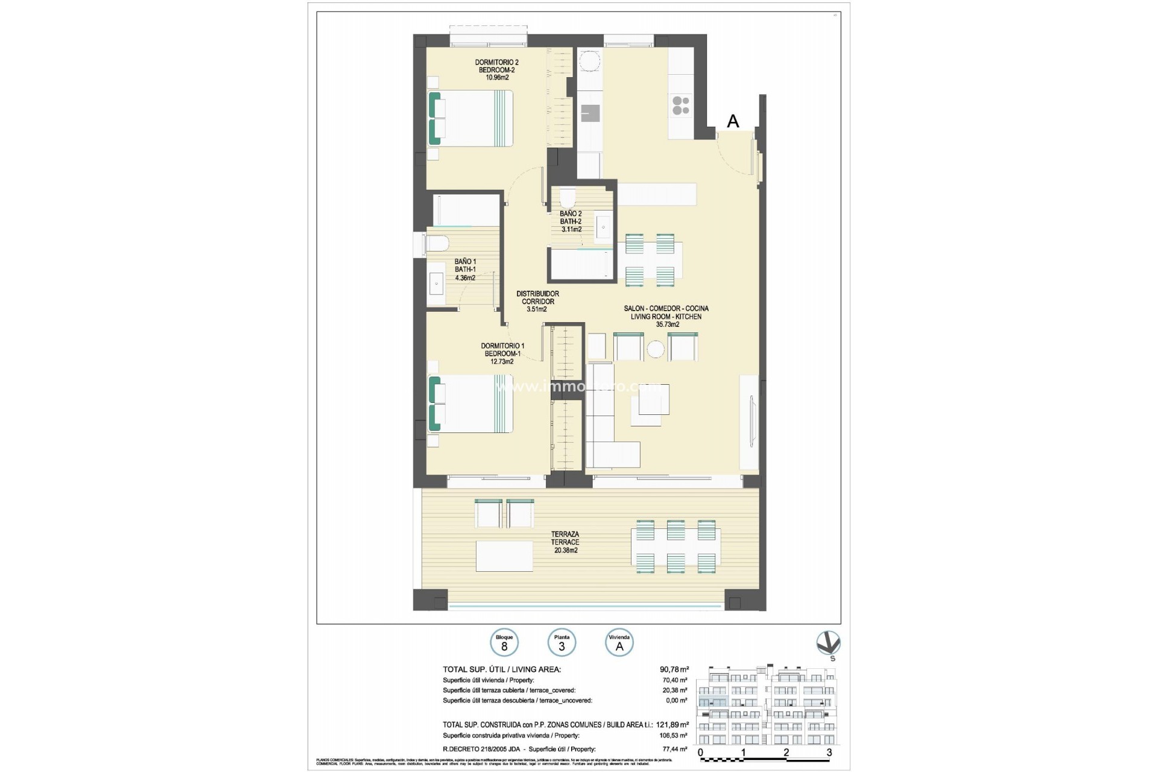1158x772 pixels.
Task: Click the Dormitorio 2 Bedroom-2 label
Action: (496, 69)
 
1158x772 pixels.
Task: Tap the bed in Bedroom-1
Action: (470, 403)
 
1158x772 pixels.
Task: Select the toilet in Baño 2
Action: (568, 197)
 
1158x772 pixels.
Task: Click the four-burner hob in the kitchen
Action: (681, 106)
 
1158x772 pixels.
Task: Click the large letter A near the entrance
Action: (733, 121)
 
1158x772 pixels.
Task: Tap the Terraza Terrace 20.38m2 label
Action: (565, 542)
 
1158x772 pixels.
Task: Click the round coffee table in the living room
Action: (656, 349)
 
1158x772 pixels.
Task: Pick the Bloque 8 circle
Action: (504, 643)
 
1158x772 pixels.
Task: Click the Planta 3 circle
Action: (562, 643)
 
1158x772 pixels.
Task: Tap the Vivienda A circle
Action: (619, 643)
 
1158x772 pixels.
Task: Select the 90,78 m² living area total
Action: (674, 669)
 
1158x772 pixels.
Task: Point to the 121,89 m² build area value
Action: (674, 724)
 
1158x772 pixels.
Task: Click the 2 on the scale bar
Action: (786, 752)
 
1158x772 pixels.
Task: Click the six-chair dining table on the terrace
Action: (675, 546)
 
